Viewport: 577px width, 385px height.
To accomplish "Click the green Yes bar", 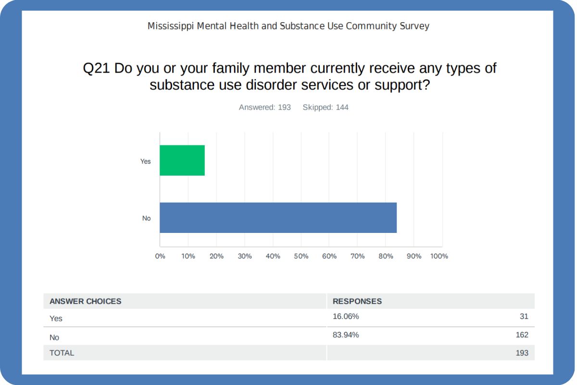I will (x=182, y=160).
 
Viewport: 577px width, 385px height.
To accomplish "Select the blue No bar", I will (x=278, y=218).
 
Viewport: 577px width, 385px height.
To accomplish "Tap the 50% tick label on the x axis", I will (x=301, y=256).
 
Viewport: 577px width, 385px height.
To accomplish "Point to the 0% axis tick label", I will (x=160, y=256).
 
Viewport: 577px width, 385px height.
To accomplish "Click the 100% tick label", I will (x=439, y=256).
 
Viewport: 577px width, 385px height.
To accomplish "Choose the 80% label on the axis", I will (x=386, y=256).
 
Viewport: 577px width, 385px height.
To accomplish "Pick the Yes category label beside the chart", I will (x=146, y=161).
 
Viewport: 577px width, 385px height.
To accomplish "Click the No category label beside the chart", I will (x=146, y=218).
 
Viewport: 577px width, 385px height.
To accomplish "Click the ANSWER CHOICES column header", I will (x=86, y=301).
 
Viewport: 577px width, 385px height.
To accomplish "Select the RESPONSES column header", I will (x=357, y=301).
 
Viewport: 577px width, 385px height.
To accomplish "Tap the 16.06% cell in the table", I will (x=346, y=316).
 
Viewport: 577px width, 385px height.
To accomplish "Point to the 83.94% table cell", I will (x=346, y=334).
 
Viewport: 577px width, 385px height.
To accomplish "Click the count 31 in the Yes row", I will (x=524, y=316).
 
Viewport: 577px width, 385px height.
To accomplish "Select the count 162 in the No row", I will (x=522, y=334).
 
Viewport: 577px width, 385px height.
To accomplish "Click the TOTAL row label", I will (x=62, y=353).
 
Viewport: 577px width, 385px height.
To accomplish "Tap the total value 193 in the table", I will (x=522, y=353).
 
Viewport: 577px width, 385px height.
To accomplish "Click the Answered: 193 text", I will (x=265, y=107).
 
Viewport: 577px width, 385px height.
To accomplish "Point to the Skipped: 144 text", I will (x=326, y=107).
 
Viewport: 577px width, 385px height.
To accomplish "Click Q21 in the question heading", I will (x=97, y=68).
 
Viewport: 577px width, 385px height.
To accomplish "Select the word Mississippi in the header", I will (x=171, y=26).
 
